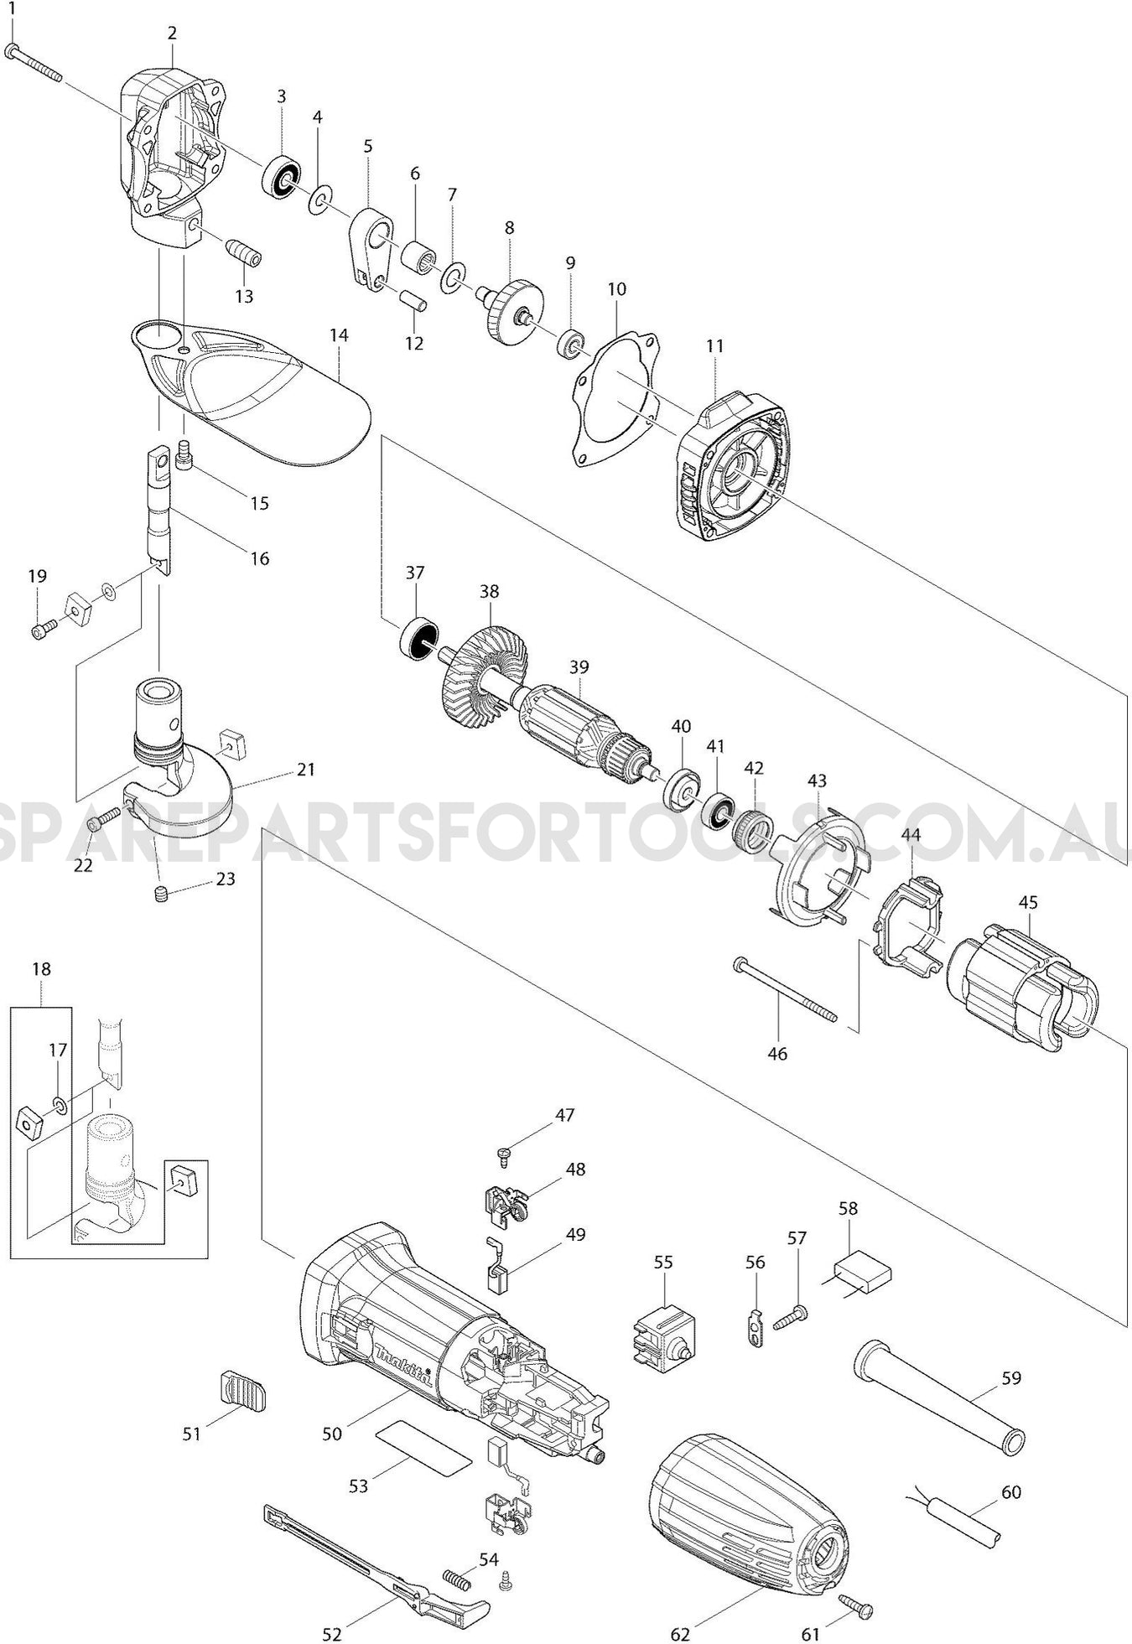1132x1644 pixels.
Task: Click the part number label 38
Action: click(x=489, y=592)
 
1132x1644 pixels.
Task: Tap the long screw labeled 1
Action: click(x=34, y=64)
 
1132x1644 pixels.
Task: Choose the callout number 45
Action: click(x=1028, y=902)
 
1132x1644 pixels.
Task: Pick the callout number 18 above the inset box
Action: click(x=41, y=969)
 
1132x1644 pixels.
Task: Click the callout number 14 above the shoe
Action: click(x=339, y=335)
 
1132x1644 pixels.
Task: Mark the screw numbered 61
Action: click(x=857, y=1608)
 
